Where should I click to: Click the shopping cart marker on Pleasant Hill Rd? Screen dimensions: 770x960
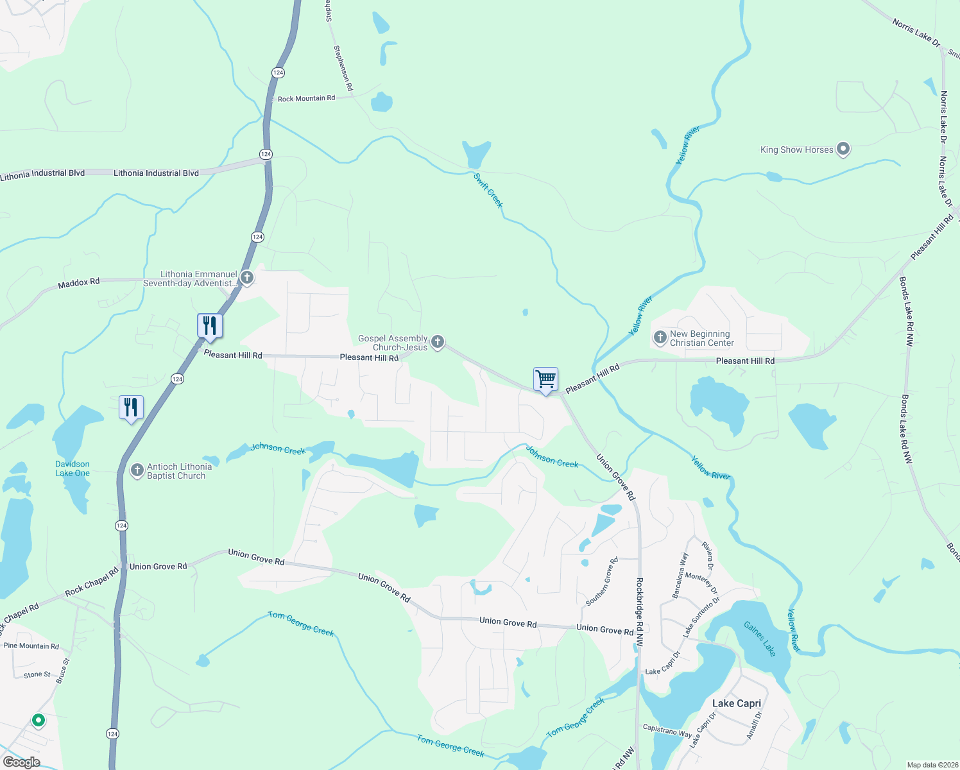(545, 379)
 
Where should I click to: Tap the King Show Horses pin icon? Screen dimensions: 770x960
(843, 150)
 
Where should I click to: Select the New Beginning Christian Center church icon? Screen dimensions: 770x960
(660, 338)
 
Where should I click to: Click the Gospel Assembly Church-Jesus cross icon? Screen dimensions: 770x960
(438, 342)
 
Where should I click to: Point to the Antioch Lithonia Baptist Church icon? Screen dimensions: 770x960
(137, 471)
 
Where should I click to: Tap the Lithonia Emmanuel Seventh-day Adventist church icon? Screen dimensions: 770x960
(247, 278)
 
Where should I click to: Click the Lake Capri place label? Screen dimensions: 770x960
(736, 703)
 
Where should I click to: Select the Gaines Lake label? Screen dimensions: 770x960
(760, 638)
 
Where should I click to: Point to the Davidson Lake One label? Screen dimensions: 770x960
(73, 468)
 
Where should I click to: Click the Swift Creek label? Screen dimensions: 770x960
(488, 191)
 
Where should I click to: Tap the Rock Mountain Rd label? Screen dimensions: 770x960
(306, 99)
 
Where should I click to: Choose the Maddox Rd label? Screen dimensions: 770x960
(79, 282)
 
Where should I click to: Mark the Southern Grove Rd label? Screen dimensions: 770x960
(602, 582)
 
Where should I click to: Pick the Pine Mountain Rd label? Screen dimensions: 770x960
(31, 646)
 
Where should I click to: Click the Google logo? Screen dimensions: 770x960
(21, 762)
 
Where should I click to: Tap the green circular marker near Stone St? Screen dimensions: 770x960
(39, 721)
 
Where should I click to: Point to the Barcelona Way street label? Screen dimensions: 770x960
(680, 575)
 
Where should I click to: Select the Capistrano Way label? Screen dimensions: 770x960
(667, 730)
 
